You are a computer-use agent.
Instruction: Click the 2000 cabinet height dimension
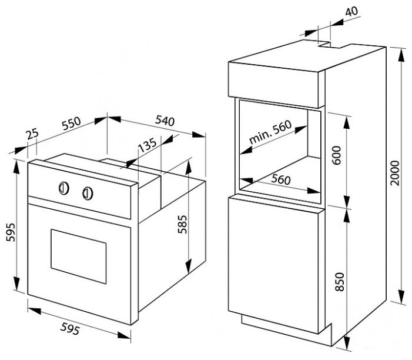394,173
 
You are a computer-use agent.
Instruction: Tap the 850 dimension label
340,282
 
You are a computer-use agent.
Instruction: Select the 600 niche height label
336,155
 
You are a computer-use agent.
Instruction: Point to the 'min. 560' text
270,132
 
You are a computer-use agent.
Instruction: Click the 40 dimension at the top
351,11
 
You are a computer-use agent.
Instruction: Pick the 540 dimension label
165,121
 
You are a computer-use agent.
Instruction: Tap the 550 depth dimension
71,124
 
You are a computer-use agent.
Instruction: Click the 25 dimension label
33,134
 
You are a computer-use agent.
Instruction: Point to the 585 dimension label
182,224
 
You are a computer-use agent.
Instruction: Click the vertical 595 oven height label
11,232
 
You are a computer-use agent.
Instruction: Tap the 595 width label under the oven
70,329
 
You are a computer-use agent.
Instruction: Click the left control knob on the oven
63,188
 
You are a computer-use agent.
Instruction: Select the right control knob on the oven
88,194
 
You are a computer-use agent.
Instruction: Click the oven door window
79,256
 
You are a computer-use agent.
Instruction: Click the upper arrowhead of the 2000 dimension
401,55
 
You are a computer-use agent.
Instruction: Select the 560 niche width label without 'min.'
281,179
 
